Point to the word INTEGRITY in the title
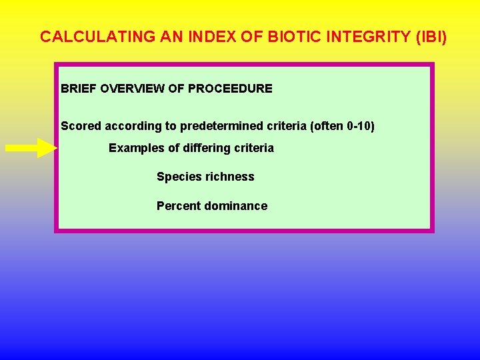click(371, 37)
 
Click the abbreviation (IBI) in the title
click(431, 37)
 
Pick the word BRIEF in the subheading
click(79, 89)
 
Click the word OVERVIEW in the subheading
click(130, 89)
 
